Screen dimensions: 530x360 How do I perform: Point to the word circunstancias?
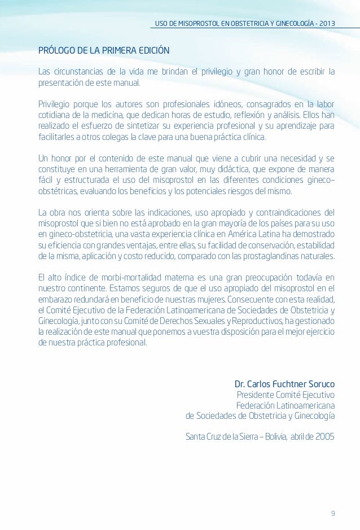[x=79, y=72]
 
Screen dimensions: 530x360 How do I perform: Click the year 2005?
[x=324, y=437]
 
